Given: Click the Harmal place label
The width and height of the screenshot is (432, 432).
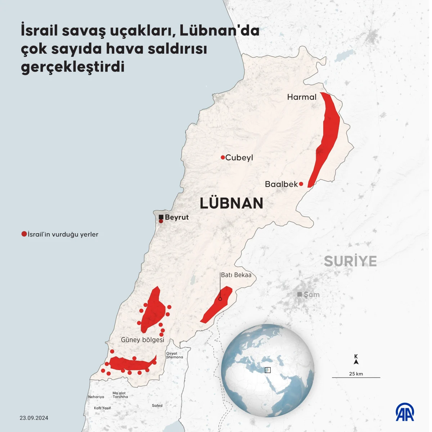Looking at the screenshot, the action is pos(302,97).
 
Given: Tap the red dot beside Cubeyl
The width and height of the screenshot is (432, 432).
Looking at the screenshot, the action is pos(223,157).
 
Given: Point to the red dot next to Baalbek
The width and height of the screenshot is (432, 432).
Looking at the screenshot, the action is pos(301,184).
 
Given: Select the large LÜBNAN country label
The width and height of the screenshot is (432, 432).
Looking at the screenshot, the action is pos(231,203).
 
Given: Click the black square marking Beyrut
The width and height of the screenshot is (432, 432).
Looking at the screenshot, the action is pos(161,217).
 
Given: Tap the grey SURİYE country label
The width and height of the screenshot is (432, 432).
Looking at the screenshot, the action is pos(350,261).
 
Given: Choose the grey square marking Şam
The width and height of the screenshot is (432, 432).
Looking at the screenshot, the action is pos(300,294).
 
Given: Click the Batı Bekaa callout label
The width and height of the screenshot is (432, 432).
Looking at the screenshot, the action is pos(236,275).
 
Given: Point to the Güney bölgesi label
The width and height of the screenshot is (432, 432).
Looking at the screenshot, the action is pos(143,339).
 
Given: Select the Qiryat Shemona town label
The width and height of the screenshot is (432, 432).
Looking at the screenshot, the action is pos(174,355).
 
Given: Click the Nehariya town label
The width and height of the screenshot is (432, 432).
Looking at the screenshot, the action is pos(96,397).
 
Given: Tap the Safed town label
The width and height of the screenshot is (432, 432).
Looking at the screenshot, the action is pos(157,405).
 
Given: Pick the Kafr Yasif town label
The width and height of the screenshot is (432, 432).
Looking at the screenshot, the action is pos(102,408).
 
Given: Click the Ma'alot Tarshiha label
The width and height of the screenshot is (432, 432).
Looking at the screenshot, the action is pos(120,395).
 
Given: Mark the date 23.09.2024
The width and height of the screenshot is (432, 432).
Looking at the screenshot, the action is pos(34,418).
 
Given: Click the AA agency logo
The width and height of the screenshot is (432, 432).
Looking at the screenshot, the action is pos(405,412).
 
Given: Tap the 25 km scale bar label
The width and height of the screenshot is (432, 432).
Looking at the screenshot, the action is pos(356,374).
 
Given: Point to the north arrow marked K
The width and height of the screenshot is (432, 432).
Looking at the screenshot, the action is pos(356,360).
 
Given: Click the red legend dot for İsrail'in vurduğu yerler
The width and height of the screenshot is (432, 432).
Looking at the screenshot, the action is pos(24,234).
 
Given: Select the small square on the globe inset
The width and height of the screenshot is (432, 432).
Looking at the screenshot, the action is pos(267,370).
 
